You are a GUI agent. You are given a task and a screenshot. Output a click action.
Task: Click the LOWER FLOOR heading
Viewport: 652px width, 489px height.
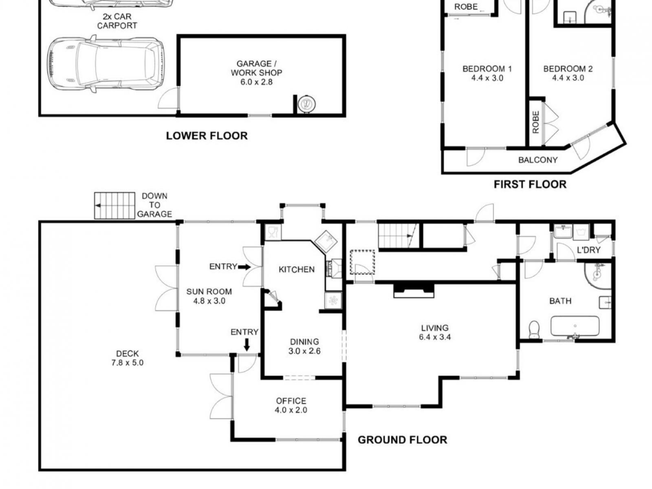(207, 136)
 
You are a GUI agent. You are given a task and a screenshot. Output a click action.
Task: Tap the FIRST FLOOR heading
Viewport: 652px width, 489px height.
(530, 184)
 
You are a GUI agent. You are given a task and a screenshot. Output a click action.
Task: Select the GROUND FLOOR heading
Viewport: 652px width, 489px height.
(402, 440)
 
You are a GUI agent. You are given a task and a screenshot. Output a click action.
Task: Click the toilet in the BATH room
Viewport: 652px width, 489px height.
(534, 329)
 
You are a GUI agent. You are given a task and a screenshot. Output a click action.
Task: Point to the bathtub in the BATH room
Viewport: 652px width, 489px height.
(575, 326)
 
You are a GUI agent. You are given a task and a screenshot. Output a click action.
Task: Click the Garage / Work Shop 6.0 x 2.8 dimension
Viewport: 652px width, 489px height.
(256, 82)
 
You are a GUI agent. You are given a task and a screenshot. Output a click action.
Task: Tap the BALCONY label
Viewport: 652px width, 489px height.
(537, 160)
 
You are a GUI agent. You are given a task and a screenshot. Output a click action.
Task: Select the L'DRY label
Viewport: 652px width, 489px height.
(588, 250)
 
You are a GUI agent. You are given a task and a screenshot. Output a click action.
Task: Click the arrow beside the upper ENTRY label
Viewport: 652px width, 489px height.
(244, 267)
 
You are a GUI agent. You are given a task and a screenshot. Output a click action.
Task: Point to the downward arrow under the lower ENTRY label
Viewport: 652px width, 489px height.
(247, 345)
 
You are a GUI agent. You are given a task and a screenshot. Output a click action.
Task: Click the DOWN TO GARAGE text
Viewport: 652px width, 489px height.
(154, 205)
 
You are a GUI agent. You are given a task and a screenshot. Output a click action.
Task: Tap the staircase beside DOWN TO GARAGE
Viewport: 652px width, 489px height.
(115, 206)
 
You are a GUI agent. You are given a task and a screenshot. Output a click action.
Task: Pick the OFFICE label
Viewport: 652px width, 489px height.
(291, 401)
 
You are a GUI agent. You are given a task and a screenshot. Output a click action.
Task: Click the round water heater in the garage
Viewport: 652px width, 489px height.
(306, 104)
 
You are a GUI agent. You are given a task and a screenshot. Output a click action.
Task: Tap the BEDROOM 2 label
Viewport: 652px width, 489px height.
(568, 69)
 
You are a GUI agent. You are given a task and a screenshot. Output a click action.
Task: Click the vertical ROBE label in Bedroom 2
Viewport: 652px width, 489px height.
(535, 122)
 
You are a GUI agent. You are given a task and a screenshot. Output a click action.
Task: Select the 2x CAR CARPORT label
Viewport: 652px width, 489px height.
(117, 21)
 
